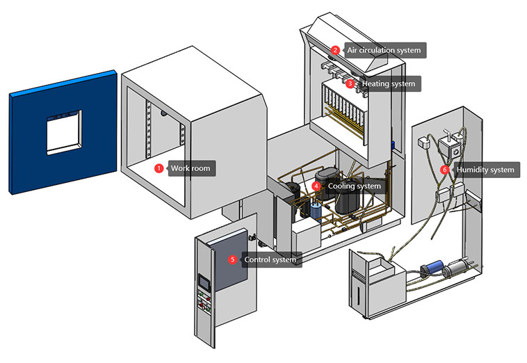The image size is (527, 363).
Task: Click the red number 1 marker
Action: coord(159,168)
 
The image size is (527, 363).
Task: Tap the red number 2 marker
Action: coord(335,50)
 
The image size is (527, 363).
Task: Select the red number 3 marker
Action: coord(350,83)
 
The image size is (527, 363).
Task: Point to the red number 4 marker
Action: coord(316,186)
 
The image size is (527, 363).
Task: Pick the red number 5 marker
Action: coord(233,259)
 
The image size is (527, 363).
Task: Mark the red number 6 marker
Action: coord(445,169)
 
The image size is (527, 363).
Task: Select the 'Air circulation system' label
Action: coord(380,50)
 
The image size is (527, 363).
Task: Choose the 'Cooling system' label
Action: coord(354,186)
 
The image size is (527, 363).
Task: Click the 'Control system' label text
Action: coord(270,259)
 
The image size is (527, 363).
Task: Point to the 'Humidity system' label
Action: coord(485,169)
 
